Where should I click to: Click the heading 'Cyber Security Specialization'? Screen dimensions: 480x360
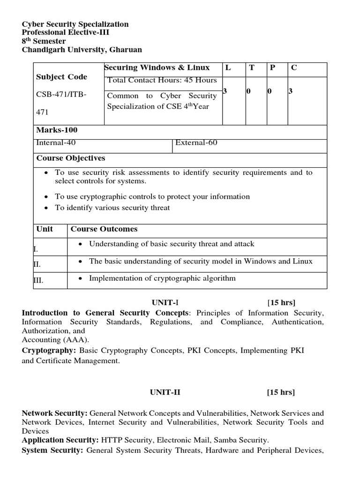point(75,24)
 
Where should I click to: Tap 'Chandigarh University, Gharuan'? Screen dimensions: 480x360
point(82,50)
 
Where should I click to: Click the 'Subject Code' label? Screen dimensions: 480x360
point(61,77)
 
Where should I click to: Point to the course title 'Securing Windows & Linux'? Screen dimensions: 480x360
point(157,68)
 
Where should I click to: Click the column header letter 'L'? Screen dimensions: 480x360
point(228,68)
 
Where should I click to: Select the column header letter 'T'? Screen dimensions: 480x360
point(252,68)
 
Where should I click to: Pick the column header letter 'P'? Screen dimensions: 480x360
point(272,68)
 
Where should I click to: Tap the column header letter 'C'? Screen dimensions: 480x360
point(294,68)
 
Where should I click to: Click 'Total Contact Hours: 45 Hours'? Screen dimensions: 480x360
point(162,80)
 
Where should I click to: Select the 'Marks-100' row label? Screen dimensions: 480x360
point(57,130)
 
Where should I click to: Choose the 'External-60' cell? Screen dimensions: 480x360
point(196,143)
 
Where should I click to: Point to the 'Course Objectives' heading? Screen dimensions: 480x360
point(71,158)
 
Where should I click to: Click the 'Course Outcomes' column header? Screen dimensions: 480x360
point(104,229)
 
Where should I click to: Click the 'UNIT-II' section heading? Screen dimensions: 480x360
point(165,392)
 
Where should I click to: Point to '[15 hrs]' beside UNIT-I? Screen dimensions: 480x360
point(281,302)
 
